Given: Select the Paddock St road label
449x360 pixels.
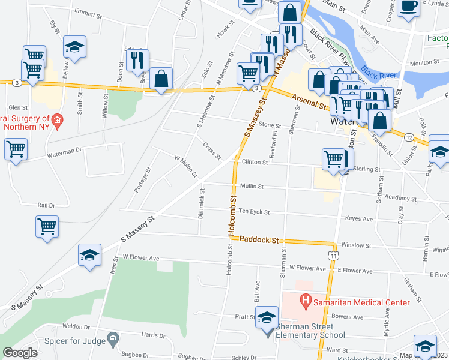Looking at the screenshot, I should coord(260,239).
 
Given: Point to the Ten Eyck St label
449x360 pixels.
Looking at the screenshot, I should coord(254,212).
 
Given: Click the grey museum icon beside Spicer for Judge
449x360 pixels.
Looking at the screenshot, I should coord(112,341).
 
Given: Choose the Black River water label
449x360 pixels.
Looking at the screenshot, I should coord(379,75).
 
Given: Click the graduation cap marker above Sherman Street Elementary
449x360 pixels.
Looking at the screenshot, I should coord(267,317).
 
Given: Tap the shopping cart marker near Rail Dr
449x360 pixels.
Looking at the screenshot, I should coord(47,227).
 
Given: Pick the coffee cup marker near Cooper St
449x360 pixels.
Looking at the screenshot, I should coord(409,7).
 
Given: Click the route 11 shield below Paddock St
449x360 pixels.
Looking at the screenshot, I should coord(333,256).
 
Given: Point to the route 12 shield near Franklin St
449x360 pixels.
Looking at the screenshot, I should coord(408,137).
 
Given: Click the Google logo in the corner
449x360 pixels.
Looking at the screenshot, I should coord(20,353).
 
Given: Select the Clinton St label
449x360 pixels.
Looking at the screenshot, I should coord(255,162).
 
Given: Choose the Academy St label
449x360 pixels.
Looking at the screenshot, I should coord(401,198).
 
